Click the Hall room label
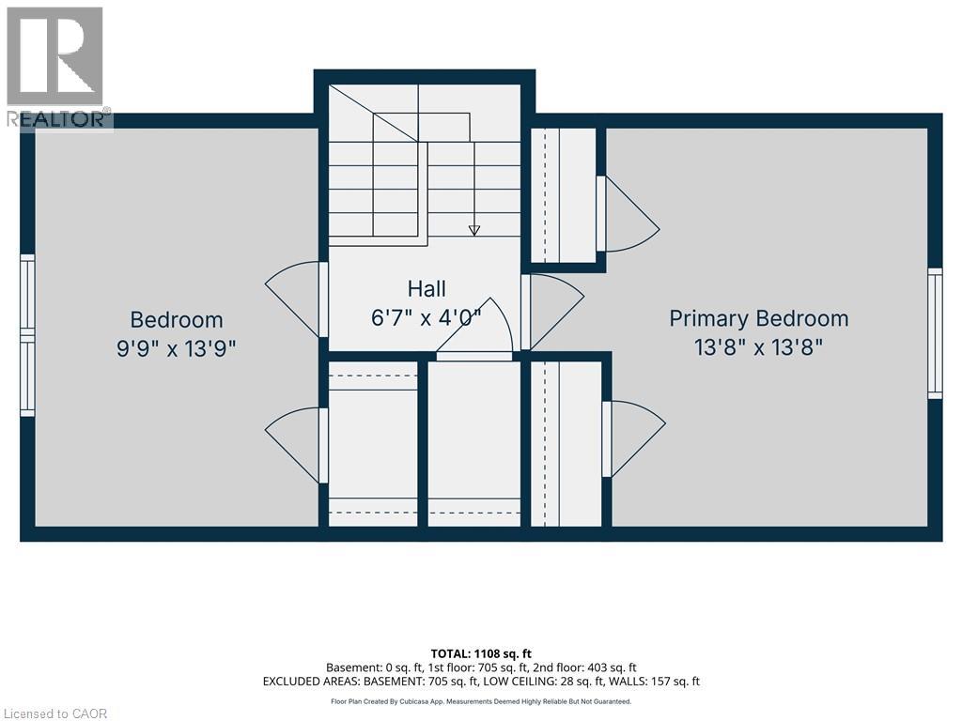click(x=427, y=289)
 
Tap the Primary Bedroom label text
click(x=759, y=319)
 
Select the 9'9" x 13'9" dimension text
click(x=177, y=349)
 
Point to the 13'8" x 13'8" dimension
click(x=758, y=347)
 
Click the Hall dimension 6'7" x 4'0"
click(x=427, y=317)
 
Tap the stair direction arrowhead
click(x=473, y=231)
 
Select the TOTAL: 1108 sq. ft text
click(x=481, y=653)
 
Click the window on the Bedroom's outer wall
click(x=27, y=335)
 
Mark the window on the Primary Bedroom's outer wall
click(x=935, y=333)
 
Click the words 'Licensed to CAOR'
click(x=54, y=713)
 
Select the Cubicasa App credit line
click(x=481, y=701)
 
